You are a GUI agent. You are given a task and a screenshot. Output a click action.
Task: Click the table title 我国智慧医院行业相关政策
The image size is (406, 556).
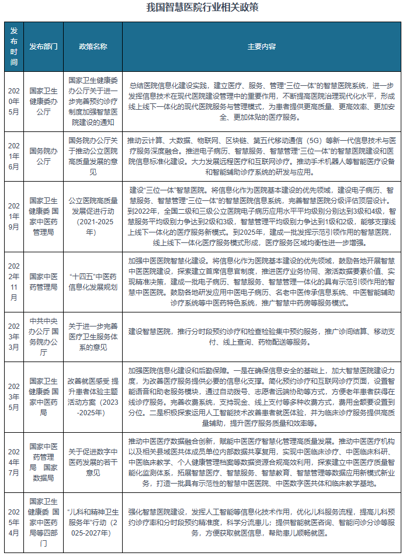click(202, 9)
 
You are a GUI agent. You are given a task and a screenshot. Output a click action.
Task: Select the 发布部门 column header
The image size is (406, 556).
click(43, 46)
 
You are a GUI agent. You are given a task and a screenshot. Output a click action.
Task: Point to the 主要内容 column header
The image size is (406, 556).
click(261, 46)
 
